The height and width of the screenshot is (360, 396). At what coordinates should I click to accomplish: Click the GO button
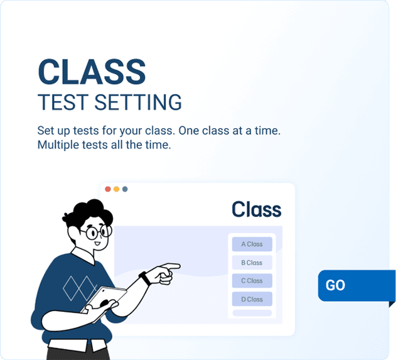(351, 285)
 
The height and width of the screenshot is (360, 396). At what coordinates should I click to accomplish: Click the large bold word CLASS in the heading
(92, 72)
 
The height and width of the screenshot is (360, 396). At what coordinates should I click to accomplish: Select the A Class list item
(252, 244)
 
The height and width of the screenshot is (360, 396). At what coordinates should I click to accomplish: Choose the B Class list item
(252, 263)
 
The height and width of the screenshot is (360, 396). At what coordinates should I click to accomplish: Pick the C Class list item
(252, 281)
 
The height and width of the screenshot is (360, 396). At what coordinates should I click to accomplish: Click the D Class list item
(252, 299)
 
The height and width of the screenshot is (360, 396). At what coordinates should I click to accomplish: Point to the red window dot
(108, 189)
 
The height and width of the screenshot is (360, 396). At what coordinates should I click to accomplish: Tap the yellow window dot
(116, 189)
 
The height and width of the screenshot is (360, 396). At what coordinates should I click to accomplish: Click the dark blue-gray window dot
(125, 189)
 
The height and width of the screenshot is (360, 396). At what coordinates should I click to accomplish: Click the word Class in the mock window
(256, 209)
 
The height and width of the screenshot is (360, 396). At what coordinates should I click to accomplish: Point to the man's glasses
(99, 232)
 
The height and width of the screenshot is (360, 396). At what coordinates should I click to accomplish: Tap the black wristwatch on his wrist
(144, 277)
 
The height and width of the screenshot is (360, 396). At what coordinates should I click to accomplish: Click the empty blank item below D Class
(252, 313)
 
